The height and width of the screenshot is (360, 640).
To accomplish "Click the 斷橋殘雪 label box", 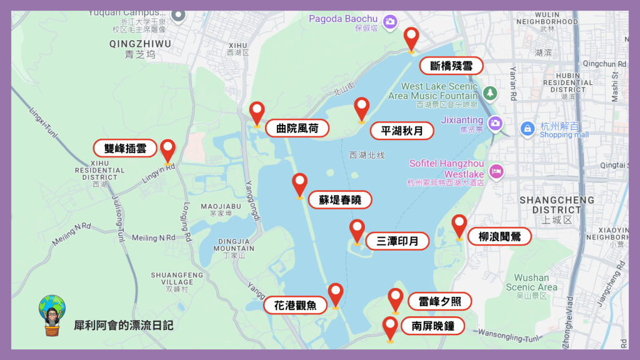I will [451, 66].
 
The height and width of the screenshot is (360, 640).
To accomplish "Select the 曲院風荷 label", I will [297, 129].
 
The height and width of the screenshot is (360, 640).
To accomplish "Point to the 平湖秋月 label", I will [402, 131].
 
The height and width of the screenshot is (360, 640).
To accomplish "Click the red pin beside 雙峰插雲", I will [167, 150].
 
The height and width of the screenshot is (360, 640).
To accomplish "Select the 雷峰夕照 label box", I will [439, 301].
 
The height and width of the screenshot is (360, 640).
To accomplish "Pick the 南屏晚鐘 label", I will [432, 326].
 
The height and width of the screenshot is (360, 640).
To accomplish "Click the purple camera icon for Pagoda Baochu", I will [391, 21].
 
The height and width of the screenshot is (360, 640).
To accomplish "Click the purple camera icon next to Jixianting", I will [496, 122].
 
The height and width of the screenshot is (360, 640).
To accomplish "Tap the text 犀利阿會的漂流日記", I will [123, 326].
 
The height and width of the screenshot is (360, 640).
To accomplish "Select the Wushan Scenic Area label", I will [532, 282].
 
